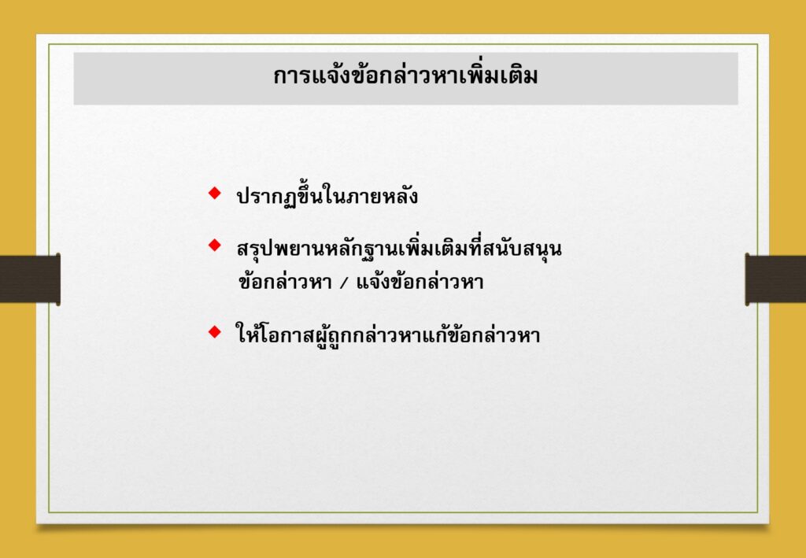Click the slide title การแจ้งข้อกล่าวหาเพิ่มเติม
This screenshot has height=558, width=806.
(x=405, y=76)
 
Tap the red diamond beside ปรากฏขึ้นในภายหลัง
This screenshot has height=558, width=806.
(x=214, y=193)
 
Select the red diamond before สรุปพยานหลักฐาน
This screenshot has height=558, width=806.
(x=214, y=245)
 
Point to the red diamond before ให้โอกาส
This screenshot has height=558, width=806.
(x=214, y=331)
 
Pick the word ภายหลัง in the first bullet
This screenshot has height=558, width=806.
(x=379, y=196)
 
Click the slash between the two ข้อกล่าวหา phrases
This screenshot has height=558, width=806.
(x=343, y=283)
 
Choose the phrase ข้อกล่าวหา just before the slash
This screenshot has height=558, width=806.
(x=285, y=282)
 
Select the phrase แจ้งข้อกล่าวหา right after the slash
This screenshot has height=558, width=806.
(x=420, y=282)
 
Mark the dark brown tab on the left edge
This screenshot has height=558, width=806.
(x=30, y=278)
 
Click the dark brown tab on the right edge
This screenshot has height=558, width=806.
(x=775, y=278)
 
